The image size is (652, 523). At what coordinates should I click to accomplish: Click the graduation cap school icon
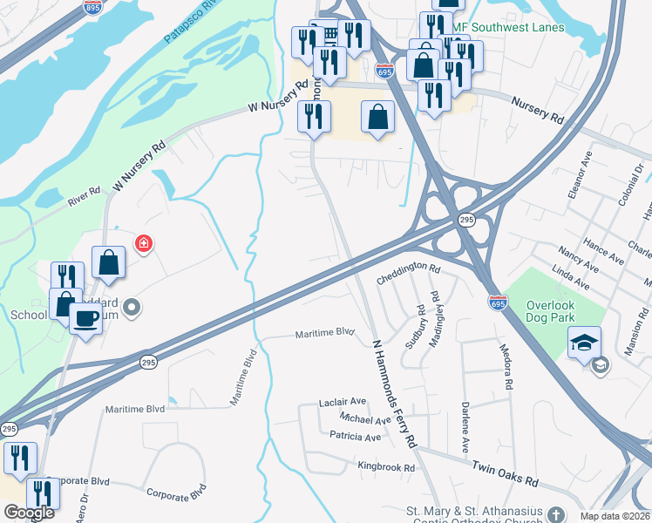tap(584, 341)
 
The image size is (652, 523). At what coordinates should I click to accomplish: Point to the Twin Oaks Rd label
tap(505, 475)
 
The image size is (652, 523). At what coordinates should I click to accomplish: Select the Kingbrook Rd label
tap(386, 467)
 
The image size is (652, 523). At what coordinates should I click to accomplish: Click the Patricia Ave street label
tap(355, 436)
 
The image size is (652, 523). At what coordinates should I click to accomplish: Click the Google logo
tap(29, 513)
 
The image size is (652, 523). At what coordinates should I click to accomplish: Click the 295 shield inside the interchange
tap(466, 221)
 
